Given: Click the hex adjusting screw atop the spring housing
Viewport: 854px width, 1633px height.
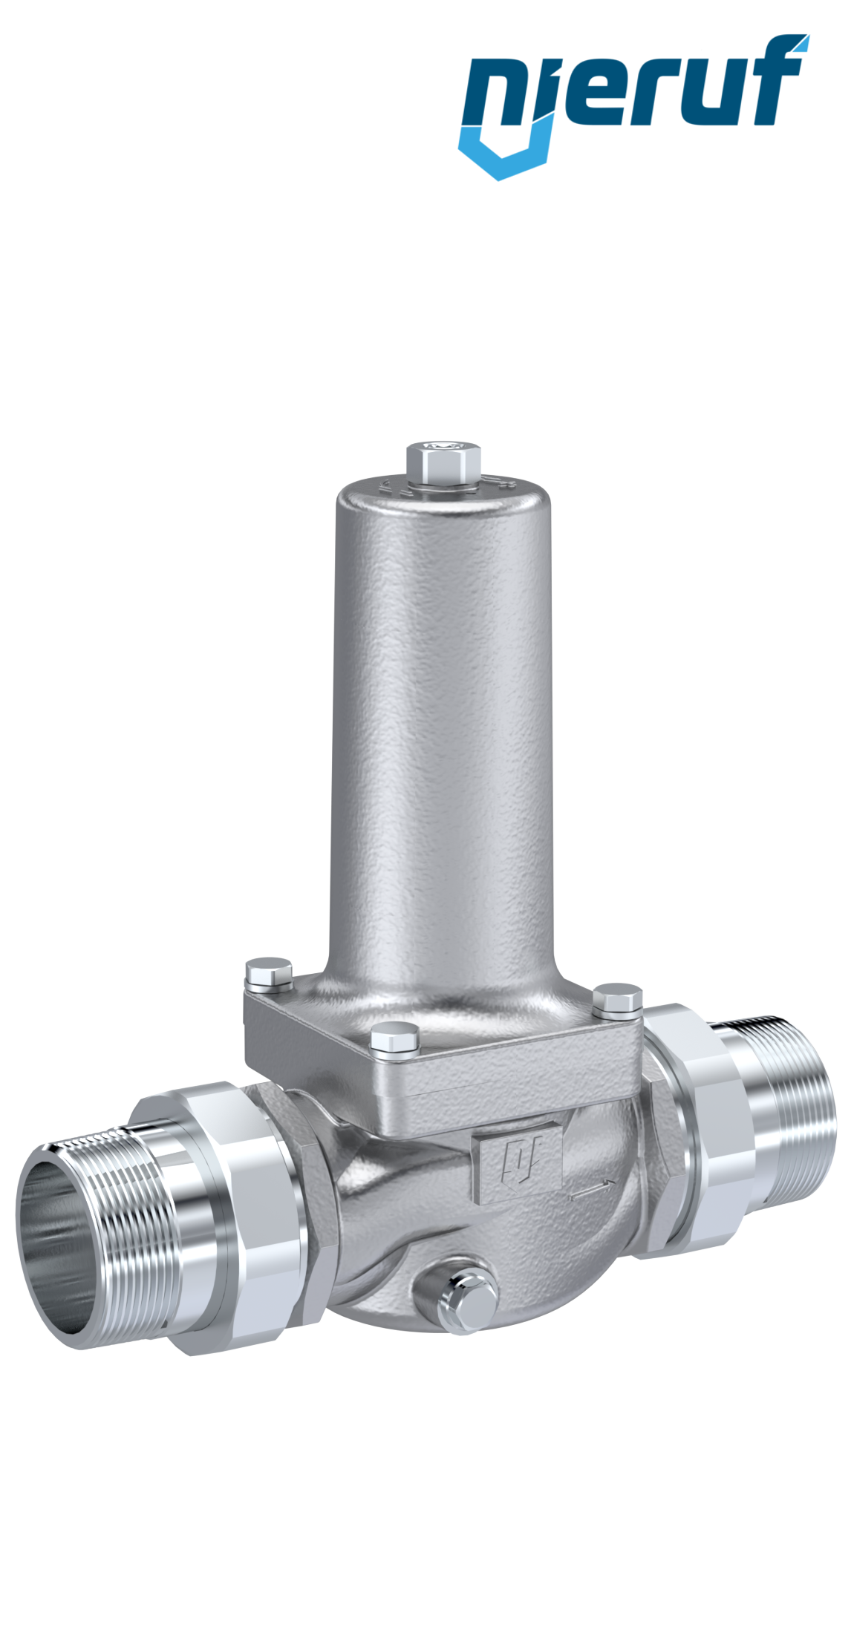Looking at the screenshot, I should [x=443, y=461].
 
